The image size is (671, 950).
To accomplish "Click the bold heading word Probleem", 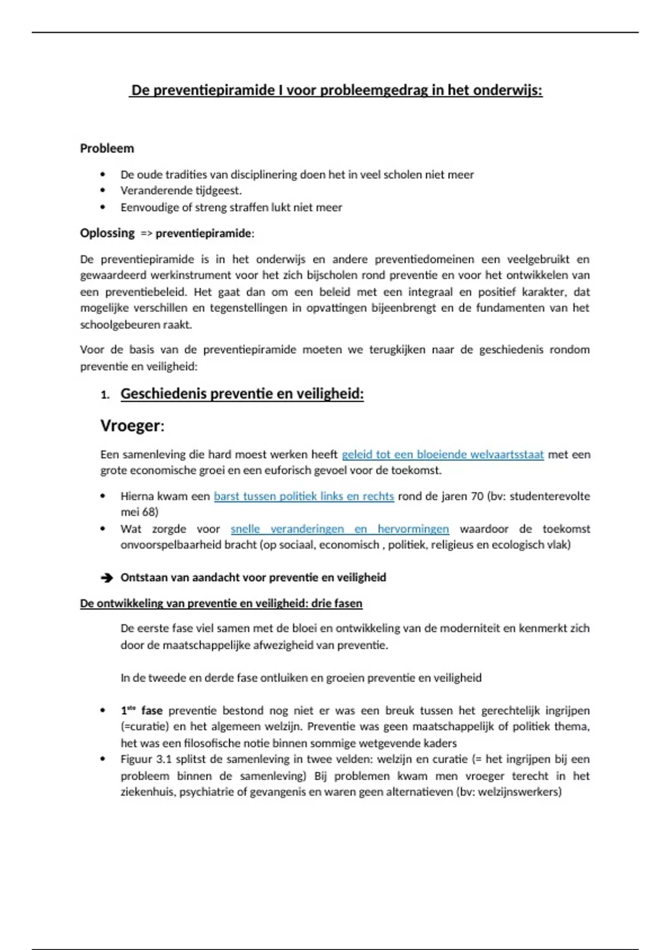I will (107, 149).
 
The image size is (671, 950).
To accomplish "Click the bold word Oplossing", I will (107, 233).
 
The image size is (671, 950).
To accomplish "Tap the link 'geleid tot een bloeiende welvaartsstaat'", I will (442, 454).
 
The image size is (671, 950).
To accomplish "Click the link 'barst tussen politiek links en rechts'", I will (304, 496).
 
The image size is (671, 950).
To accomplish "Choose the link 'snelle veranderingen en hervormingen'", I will (339, 529).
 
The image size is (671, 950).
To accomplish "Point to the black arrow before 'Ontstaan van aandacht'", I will (106, 578).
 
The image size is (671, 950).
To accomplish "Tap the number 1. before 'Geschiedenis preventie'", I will (105, 395).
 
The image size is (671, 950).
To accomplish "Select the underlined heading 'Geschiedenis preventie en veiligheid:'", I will (242, 394).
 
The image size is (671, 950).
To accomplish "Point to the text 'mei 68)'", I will (139, 512).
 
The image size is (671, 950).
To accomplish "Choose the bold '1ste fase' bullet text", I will (141, 711).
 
